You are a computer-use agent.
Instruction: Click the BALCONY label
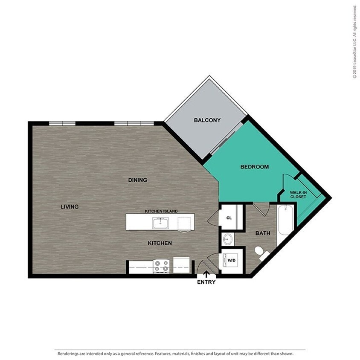click(x=207, y=120)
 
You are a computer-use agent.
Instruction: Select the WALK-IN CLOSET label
click(x=299, y=195)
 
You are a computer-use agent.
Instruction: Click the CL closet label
click(x=229, y=218)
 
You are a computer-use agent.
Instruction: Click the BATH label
click(x=263, y=233)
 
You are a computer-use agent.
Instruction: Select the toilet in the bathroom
click(x=261, y=253)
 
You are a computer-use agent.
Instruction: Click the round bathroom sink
click(x=228, y=239)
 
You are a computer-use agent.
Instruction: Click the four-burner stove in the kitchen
click(x=161, y=266)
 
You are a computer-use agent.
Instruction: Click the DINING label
click(x=137, y=180)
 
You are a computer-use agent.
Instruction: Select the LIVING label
click(x=70, y=207)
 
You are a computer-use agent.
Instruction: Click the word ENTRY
click(x=206, y=282)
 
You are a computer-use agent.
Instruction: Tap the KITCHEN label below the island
click(x=160, y=243)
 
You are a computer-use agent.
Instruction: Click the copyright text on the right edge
click(x=354, y=42)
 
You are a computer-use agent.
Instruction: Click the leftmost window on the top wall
click(x=62, y=124)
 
